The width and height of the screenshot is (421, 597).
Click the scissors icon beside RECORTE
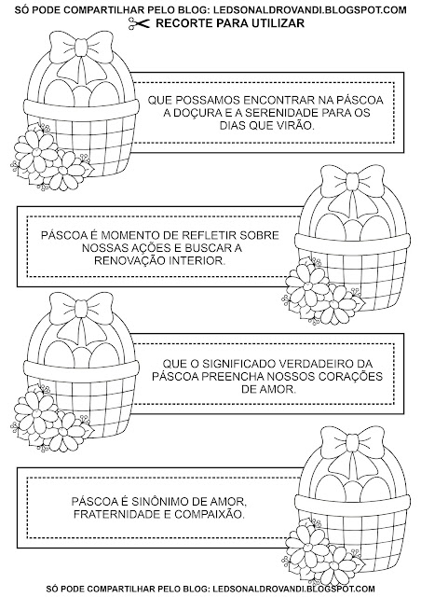pyautogui.click(x=139, y=23)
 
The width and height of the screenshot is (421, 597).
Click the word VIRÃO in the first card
pyautogui.click(x=296, y=125)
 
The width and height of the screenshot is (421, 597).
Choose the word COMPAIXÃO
pyautogui.click(x=210, y=514)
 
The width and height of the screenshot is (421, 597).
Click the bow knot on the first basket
pyautogui.click(x=81, y=48)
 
